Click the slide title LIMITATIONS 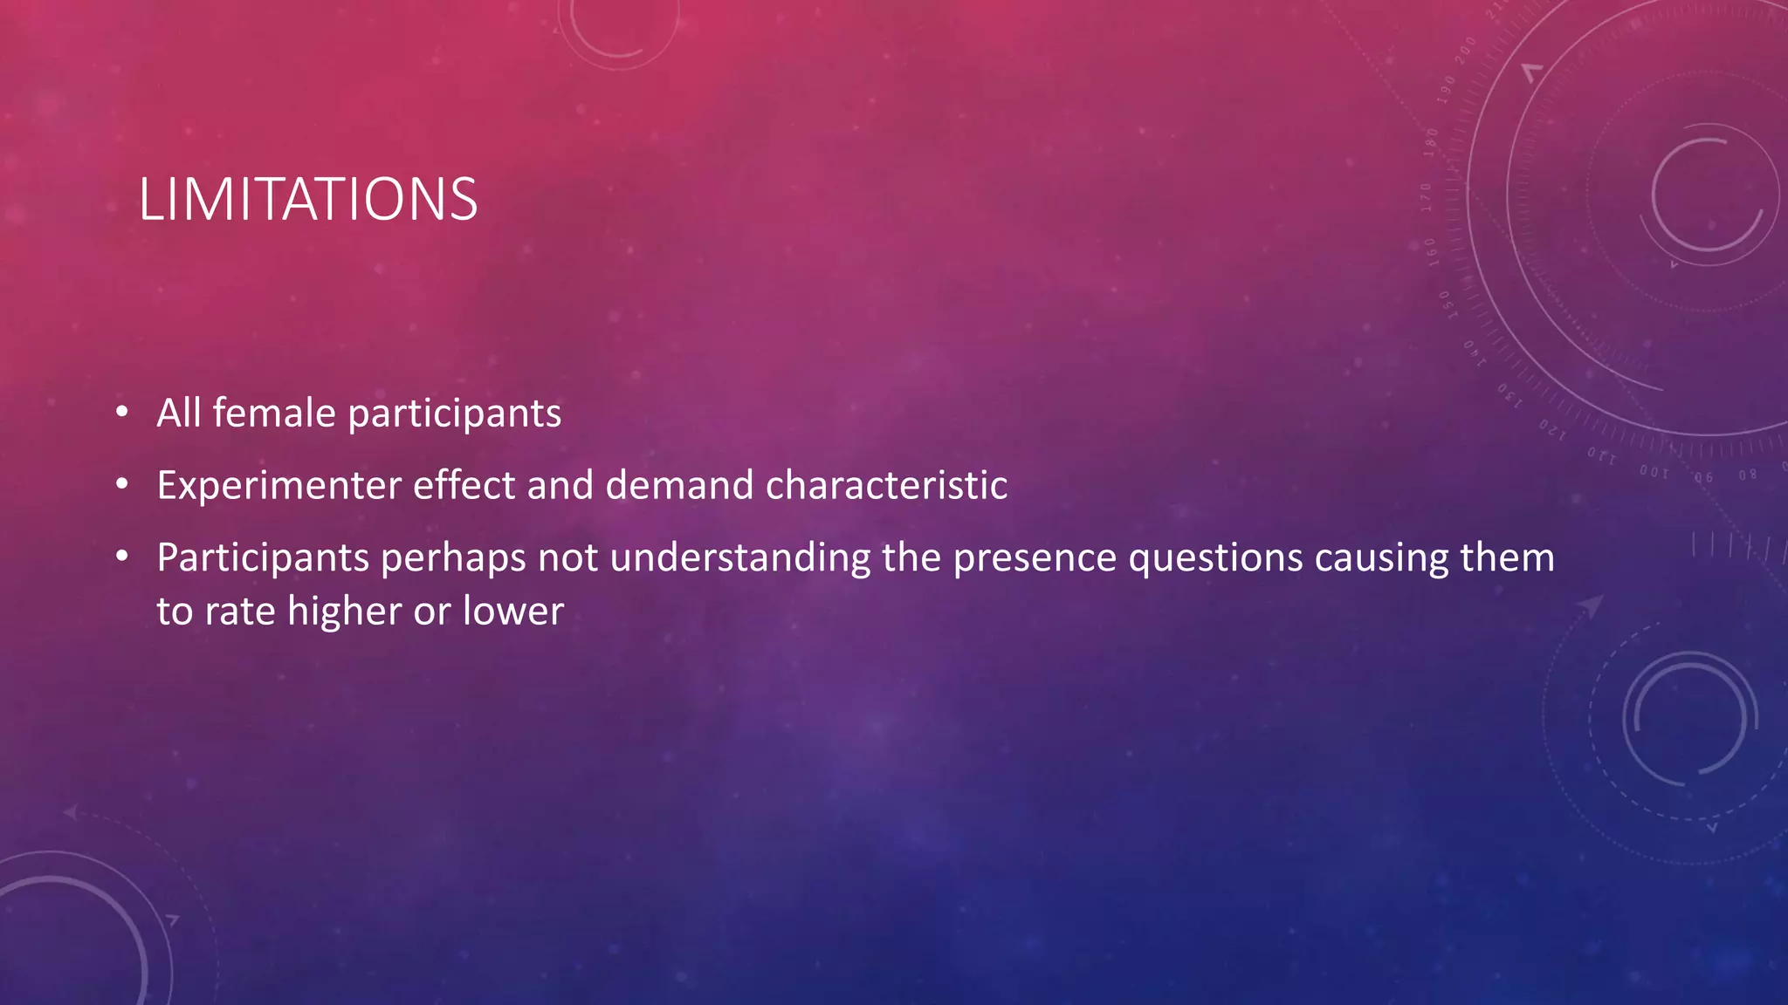tap(307, 200)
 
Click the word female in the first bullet tap(273, 413)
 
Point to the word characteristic tap(886, 485)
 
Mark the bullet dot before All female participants tap(122, 411)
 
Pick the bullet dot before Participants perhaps tap(122, 556)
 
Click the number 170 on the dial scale tap(1425, 197)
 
